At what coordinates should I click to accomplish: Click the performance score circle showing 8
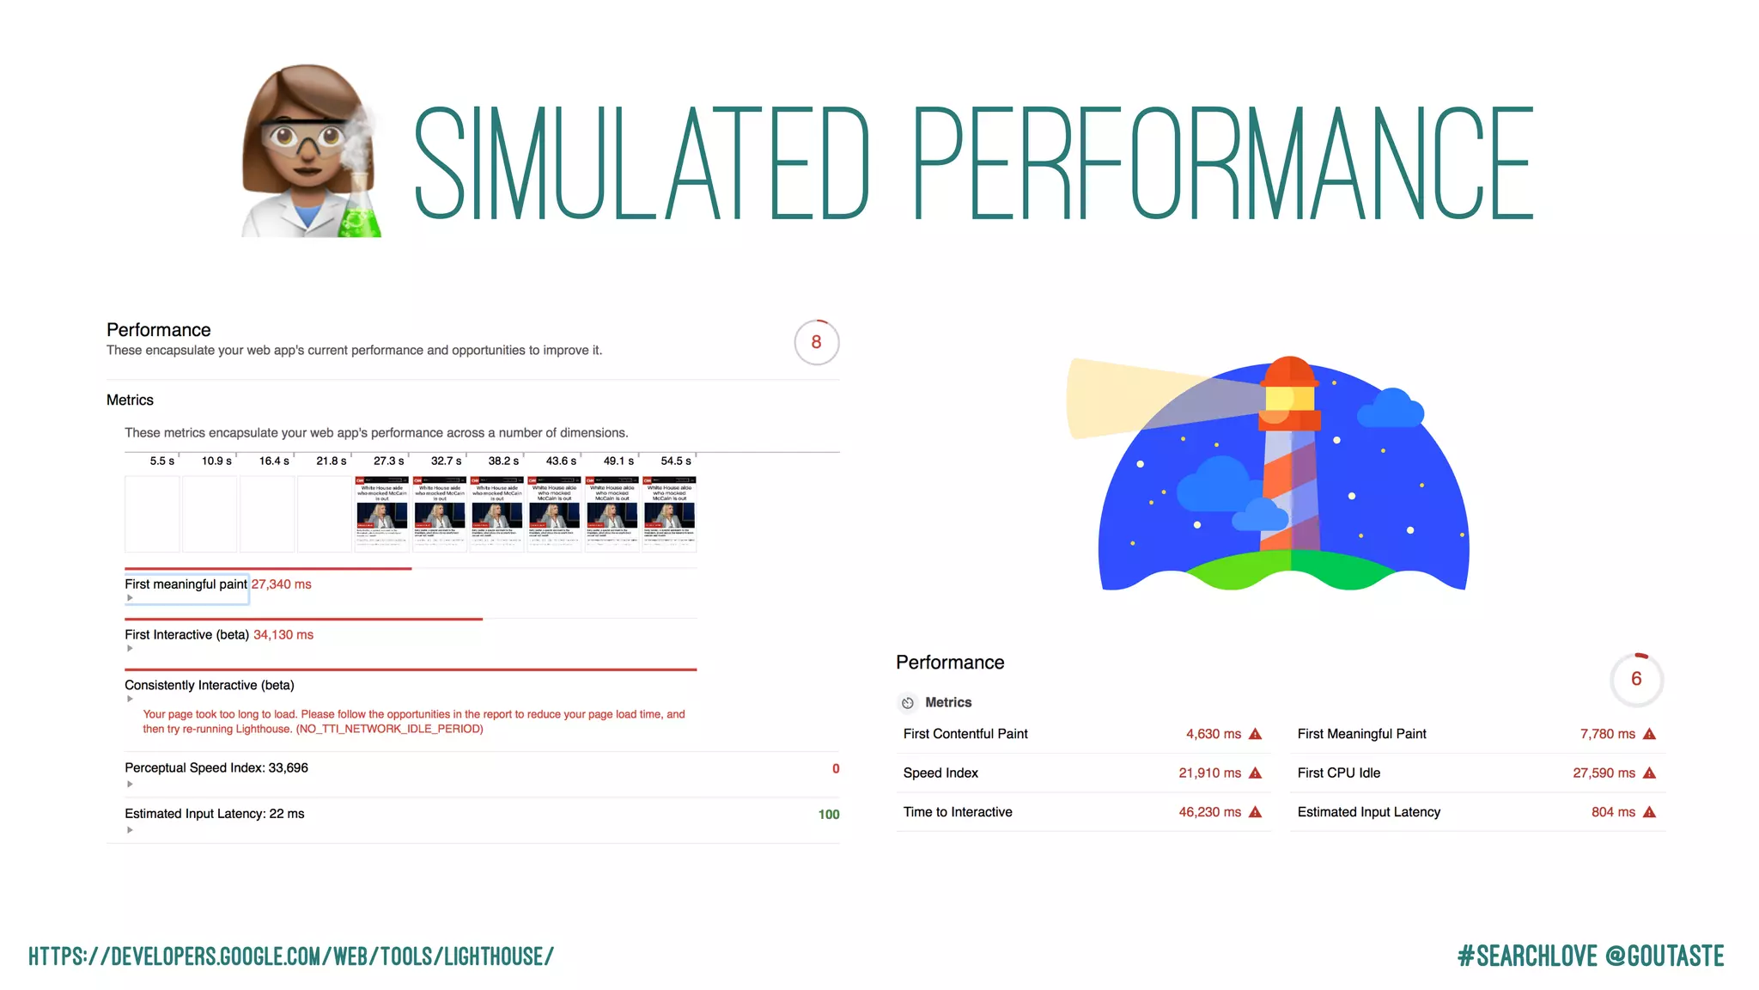pos(816,342)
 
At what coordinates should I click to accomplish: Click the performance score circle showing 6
pos(1636,679)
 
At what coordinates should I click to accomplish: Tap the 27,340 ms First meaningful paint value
pos(281,584)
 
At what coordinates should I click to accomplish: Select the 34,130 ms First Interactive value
pos(283,635)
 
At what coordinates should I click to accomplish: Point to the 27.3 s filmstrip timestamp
pos(388,461)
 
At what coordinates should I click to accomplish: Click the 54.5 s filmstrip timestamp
pos(675,461)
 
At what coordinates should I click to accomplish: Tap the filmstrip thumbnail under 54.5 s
pos(669,514)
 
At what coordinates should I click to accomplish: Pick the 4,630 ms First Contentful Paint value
pos(1213,734)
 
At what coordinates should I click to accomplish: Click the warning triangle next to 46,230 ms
pos(1255,812)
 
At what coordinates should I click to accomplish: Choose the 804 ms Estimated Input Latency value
pos(1613,812)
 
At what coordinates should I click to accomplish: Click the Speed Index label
pos(940,773)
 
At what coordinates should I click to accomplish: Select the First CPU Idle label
pos(1338,773)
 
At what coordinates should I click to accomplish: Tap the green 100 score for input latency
pos(828,815)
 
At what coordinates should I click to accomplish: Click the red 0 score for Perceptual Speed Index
pos(836,769)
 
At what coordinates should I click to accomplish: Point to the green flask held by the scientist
pos(359,215)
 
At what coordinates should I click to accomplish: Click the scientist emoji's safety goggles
pos(305,136)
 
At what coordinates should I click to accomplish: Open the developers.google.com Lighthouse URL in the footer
pos(291,956)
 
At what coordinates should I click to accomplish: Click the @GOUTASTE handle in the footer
pos(1664,956)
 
